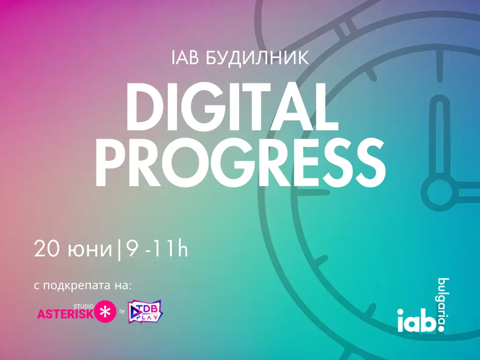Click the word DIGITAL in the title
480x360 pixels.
tap(232, 106)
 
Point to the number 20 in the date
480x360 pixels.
tap(46, 249)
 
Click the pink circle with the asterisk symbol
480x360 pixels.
tap(105, 312)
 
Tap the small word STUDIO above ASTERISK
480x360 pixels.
tap(83, 307)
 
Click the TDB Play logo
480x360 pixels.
tap(145, 312)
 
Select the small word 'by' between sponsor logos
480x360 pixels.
tap(122, 312)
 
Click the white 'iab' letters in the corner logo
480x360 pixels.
tap(416, 321)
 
